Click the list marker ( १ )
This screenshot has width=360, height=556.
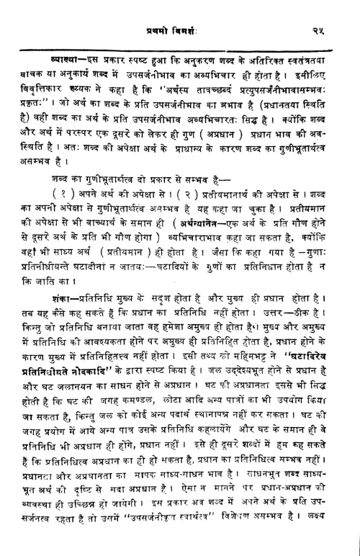click(45, 214)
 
